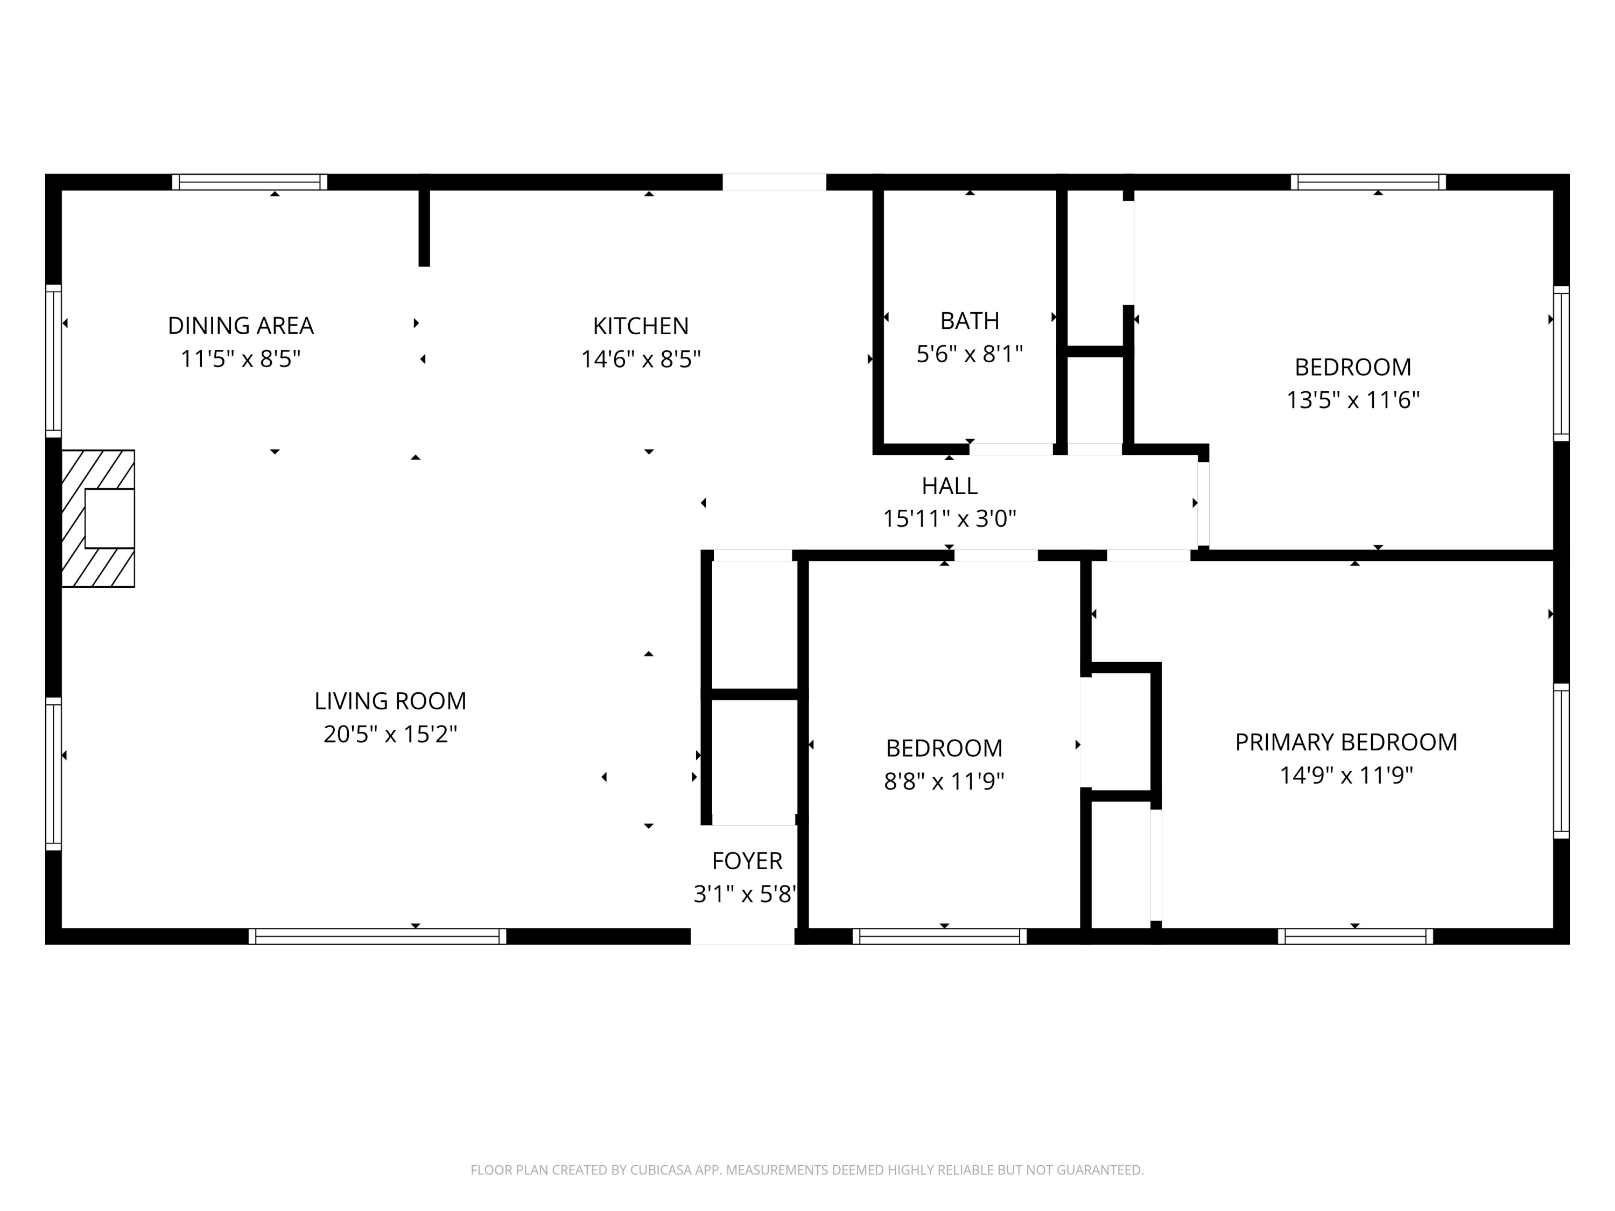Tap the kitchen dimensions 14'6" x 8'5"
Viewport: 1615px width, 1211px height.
point(640,359)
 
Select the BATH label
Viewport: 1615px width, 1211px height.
point(969,320)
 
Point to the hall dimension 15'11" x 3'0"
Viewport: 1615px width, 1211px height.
point(949,519)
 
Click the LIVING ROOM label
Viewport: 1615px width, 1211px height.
point(390,701)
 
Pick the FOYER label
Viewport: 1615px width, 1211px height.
point(746,861)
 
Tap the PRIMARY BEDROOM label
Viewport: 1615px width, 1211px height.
point(1346,742)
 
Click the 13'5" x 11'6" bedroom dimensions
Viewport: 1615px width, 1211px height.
point(1352,400)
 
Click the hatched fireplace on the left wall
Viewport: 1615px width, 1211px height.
point(98,518)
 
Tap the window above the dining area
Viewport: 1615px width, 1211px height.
point(250,182)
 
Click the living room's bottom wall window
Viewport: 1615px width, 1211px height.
point(377,937)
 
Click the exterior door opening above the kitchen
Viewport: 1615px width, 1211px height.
point(774,182)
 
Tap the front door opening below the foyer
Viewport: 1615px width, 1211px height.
point(742,937)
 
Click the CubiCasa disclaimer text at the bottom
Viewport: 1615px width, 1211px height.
point(807,1170)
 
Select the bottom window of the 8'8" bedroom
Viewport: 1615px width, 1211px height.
point(939,937)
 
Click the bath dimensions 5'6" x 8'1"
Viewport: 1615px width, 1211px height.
point(969,354)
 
